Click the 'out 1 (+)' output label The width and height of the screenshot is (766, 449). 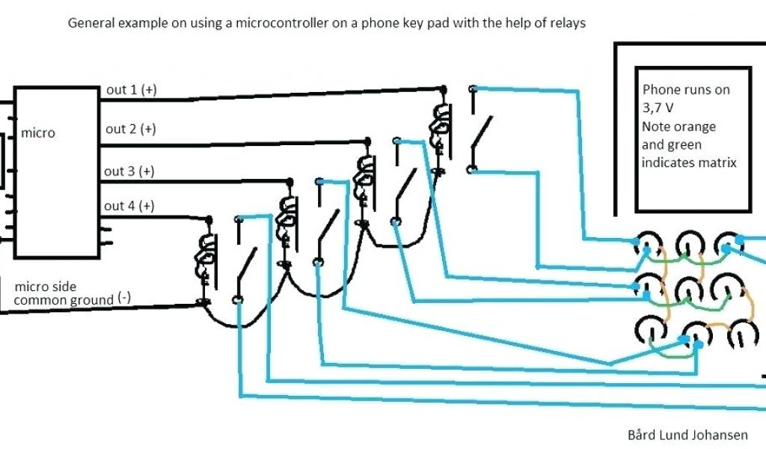pos(131,90)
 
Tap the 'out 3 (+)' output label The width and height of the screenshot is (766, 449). pos(129,171)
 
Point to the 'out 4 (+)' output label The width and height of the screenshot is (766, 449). pos(129,206)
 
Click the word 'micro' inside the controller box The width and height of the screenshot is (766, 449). pos(38,133)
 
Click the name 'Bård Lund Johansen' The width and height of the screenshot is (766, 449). pos(686,435)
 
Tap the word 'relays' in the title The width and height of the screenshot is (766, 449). pos(567,22)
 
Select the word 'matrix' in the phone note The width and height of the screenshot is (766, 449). pos(716,162)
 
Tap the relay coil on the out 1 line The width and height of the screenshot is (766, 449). pos(439,120)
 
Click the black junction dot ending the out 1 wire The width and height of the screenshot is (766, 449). pos(444,89)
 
